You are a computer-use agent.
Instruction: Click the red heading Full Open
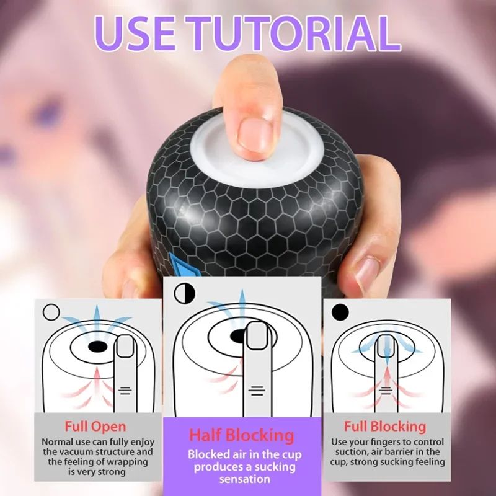[x=95, y=427]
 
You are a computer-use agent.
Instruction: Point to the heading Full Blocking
[x=385, y=427]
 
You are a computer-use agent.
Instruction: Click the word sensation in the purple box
[x=242, y=479]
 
